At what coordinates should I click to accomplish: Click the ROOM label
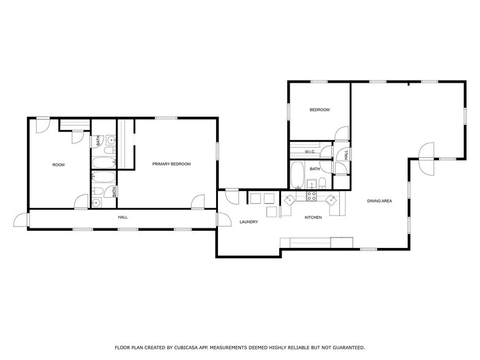tap(58, 165)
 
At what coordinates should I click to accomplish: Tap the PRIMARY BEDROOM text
tap(171, 164)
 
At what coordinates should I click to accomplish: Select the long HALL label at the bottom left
tap(122, 217)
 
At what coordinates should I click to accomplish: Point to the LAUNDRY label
tap(249, 222)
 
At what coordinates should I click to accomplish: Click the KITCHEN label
tap(313, 217)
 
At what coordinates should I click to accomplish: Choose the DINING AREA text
tap(380, 201)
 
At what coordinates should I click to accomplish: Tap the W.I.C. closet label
tap(310, 151)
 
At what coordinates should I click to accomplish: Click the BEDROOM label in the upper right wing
tap(319, 110)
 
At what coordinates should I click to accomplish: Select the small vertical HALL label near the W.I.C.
tap(346, 155)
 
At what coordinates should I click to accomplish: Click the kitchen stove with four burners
tap(311, 196)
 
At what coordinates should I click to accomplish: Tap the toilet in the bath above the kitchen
tap(322, 184)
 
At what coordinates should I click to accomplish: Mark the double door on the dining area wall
tap(426, 159)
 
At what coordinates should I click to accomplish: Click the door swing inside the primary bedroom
tap(198, 201)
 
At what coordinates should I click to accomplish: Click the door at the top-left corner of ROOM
tap(42, 124)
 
